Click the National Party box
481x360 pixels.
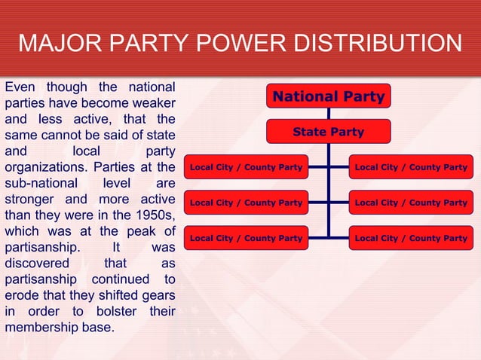(328, 96)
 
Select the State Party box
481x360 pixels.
(328, 133)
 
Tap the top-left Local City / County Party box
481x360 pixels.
(246, 167)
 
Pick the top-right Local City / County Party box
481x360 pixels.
(411, 167)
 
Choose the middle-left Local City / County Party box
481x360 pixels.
(246, 203)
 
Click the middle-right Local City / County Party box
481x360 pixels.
(411, 203)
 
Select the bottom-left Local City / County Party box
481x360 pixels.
(246, 238)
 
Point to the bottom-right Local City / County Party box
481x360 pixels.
(411, 238)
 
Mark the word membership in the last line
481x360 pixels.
(43, 328)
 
